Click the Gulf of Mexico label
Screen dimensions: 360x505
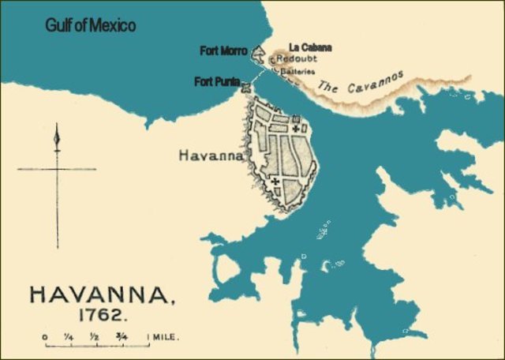90,26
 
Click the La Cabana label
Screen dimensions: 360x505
310,47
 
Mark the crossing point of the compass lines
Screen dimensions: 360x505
57,169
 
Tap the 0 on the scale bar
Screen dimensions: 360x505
44,337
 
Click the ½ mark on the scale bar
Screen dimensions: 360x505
95,337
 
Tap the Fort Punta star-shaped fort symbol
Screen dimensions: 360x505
246,88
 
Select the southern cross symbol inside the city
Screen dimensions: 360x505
275,182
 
